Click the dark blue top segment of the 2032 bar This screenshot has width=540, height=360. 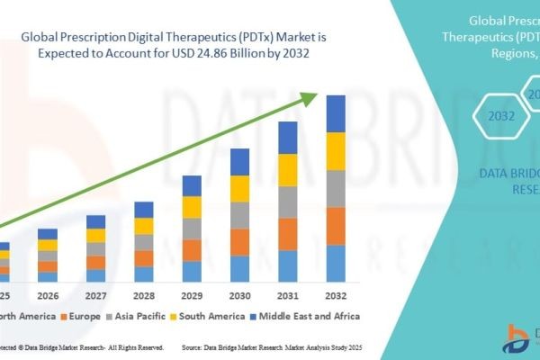pyautogui.click(x=335, y=113)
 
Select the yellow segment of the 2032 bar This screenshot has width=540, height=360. pyautogui.click(x=335, y=151)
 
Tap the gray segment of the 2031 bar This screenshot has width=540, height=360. pyautogui.click(x=288, y=202)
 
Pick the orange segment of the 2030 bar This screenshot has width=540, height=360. pyautogui.click(x=239, y=242)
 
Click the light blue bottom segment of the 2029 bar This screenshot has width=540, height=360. pyautogui.click(x=192, y=272)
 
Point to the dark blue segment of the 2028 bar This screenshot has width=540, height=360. pyautogui.click(x=144, y=210)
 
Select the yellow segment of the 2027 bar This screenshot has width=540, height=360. pyautogui.click(x=95, y=236)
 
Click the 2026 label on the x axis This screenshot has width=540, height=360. pyautogui.click(x=48, y=294)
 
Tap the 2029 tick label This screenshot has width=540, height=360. pyautogui.click(x=192, y=294)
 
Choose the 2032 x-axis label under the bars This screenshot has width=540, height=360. pyautogui.click(x=335, y=294)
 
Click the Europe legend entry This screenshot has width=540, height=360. pyautogui.click(x=82, y=316)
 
